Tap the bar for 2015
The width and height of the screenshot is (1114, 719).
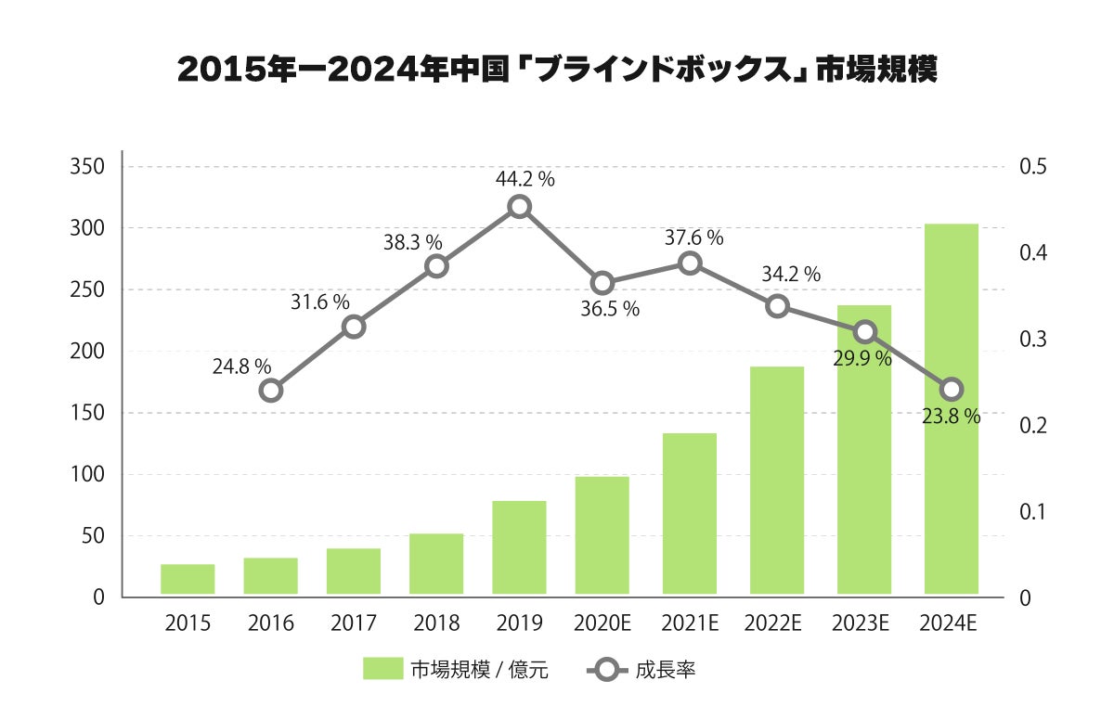[188, 579]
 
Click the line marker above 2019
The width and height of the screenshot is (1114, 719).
[520, 207]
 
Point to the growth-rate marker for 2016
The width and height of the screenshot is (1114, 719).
[270, 390]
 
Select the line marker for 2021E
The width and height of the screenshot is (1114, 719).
[690, 263]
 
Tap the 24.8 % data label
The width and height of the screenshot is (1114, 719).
[241, 366]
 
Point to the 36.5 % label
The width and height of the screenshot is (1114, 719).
[610, 310]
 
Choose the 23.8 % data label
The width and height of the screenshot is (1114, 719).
[951, 417]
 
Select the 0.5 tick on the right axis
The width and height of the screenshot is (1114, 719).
[1032, 167]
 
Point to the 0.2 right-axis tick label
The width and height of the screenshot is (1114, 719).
[1032, 426]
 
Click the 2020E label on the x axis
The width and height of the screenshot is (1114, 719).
[602, 623]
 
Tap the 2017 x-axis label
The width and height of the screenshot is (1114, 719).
[354, 623]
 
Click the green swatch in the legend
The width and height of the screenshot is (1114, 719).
[382, 669]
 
